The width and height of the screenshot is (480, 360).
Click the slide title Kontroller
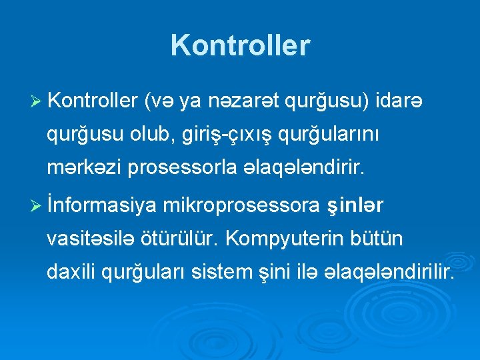240,45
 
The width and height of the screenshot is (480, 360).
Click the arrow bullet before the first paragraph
37,103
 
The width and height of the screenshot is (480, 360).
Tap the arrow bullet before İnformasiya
37,207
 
